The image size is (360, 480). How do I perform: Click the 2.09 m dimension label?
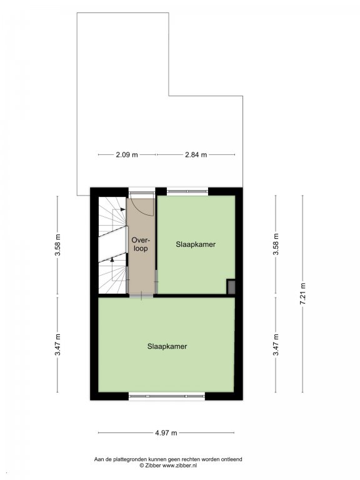coord(127,155)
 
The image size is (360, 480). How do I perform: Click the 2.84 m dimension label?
coord(196,155)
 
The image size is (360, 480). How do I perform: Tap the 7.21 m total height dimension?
coord(302,294)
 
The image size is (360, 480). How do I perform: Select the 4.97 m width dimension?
coord(166,433)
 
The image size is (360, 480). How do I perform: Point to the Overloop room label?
coord(141,244)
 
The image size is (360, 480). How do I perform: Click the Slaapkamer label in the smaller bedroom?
coord(196,244)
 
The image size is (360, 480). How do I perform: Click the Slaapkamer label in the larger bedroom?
coord(167,346)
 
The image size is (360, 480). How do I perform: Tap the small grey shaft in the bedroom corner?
coord(231,287)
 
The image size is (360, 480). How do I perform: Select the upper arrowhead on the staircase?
coord(123,209)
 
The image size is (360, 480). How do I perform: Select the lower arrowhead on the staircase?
coord(112,259)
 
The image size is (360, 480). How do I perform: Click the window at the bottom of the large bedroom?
coord(167,396)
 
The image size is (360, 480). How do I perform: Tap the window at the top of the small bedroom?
coord(187,192)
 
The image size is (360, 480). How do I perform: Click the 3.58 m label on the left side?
coord(57,244)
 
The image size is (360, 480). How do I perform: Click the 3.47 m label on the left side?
coord(57,345)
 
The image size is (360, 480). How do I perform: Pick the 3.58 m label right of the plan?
coord(276,244)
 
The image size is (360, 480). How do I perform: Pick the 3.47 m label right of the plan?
coord(276,345)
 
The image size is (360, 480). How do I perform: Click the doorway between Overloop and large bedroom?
coord(141,296)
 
